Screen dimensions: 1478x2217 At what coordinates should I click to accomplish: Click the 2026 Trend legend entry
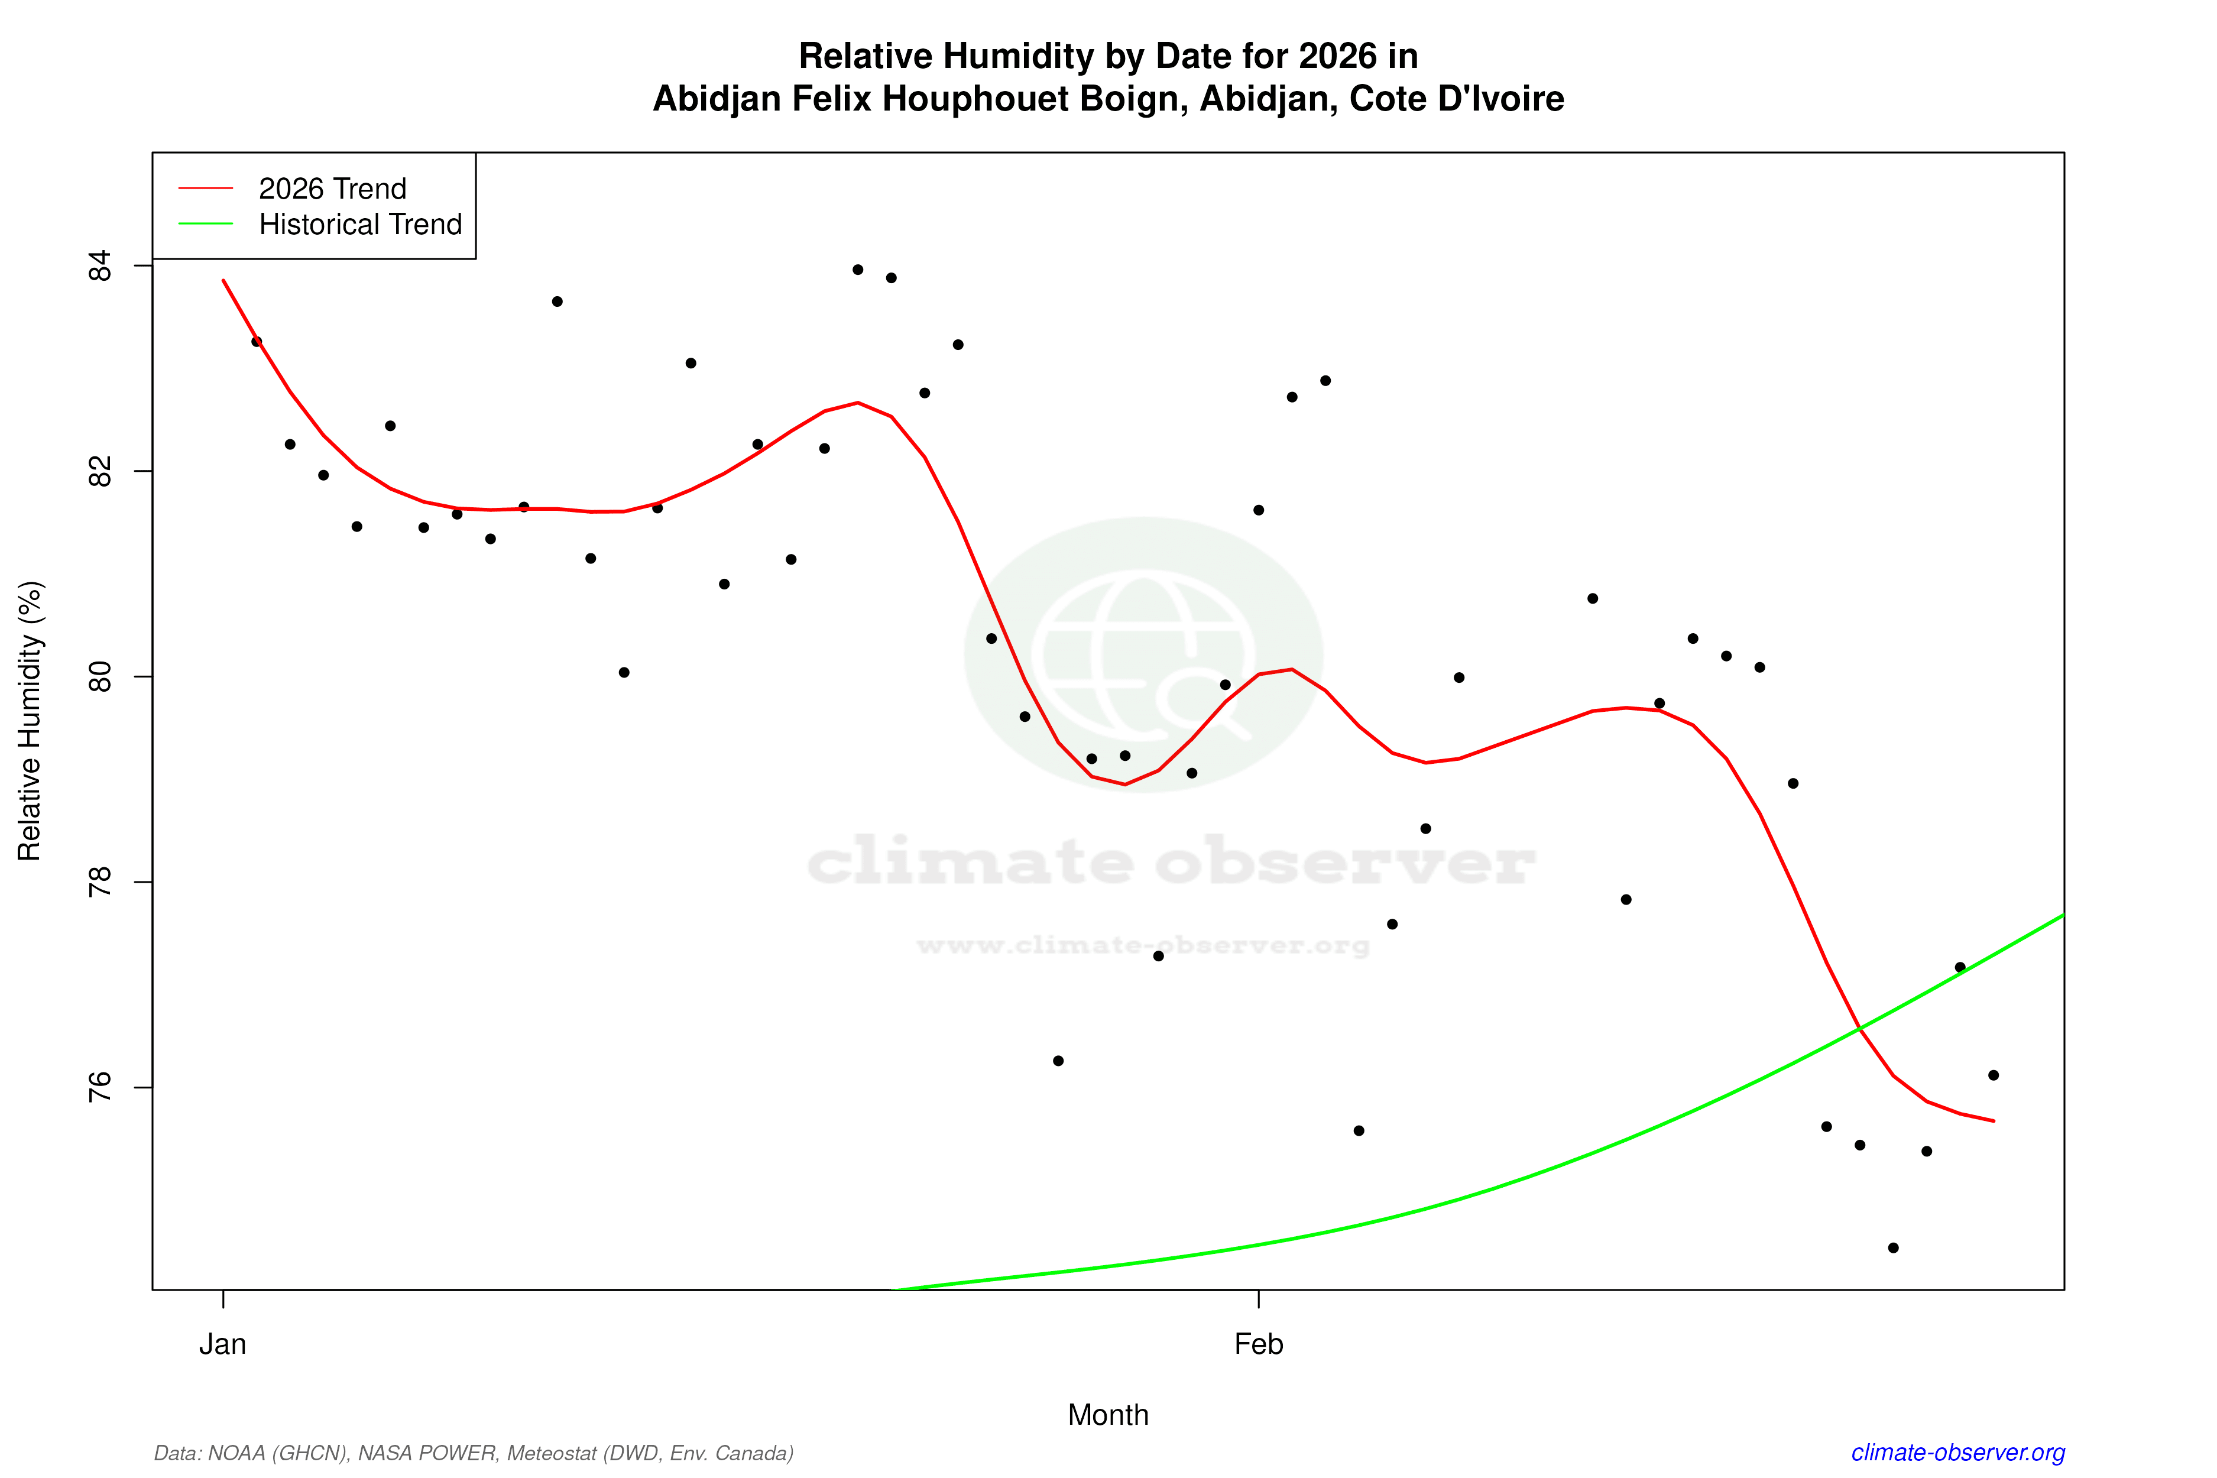click(332, 189)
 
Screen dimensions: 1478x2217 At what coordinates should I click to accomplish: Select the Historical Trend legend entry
click(360, 224)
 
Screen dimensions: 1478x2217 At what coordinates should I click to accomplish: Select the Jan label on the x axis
click(222, 1344)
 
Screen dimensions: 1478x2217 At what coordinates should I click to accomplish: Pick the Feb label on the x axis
click(1259, 1344)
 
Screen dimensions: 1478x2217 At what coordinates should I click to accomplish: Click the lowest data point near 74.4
click(1893, 1248)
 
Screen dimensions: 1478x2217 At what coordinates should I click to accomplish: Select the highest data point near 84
click(858, 270)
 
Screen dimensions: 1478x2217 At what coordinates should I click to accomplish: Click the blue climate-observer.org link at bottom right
click(1958, 1453)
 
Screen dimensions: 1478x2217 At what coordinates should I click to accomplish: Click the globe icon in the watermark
click(1143, 655)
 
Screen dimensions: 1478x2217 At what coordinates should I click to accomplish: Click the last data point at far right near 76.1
click(1994, 1075)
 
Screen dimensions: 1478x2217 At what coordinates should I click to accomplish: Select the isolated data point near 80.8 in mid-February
click(1593, 598)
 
